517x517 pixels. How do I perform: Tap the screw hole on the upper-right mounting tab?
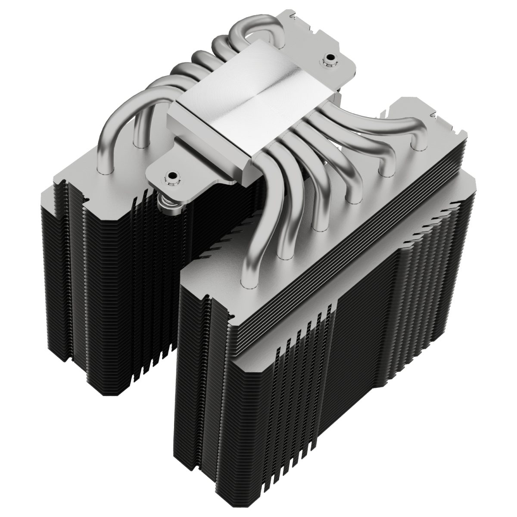point(330,57)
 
